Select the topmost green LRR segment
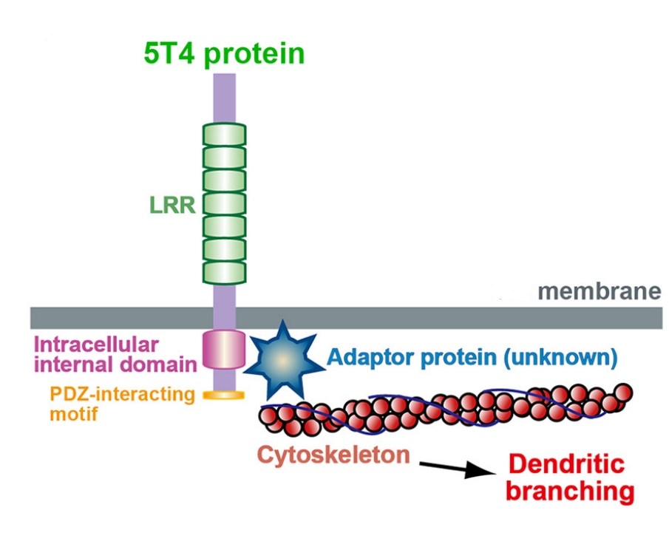tap(224, 135)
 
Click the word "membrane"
tap(599, 291)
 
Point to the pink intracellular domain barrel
tap(224, 350)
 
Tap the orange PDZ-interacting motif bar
tap(224, 397)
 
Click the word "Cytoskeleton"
tap(333, 454)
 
